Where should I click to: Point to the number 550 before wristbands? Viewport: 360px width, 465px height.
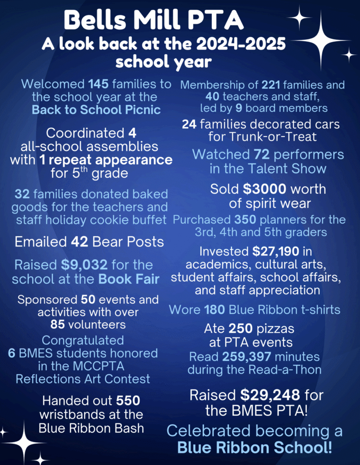click(128, 401)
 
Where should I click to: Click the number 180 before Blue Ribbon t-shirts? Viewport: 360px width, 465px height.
click(212, 310)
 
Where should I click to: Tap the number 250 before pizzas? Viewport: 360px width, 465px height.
click(240, 328)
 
